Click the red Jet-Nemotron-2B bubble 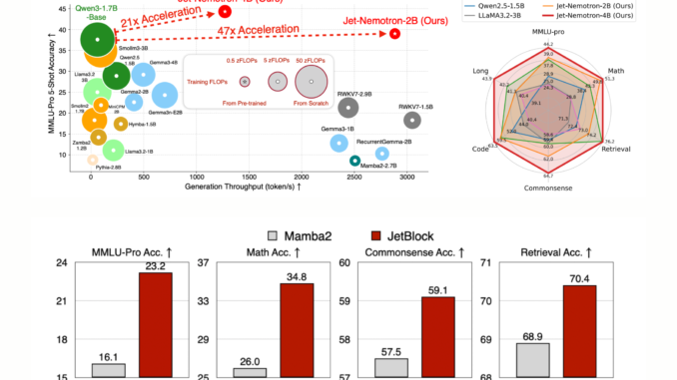(x=395, y=33)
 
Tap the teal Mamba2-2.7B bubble (x=354, y=161)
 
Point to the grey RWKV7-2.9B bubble (x=347, y=108)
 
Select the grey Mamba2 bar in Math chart (x=243, y=372)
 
